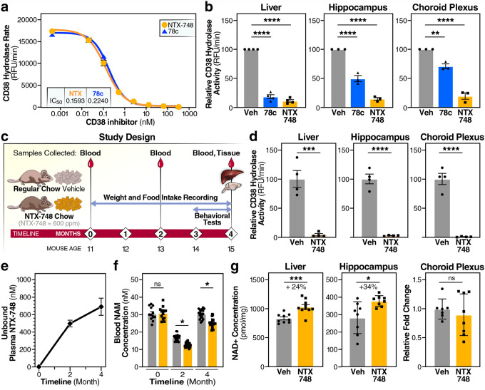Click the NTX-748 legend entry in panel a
tap(177, 25)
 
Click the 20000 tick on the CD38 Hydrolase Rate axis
tap(26, 20)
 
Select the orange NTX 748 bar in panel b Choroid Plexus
tap(465, 102)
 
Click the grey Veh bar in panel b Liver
tap(251, 78)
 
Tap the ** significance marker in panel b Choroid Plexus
tap(435, 34)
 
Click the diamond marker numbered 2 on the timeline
tap(160, 234)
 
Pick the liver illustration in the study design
tap(228, 178)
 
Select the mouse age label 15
tap(231, 249)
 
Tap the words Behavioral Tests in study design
tap(213, 219)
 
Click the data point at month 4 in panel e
tap(101, 307)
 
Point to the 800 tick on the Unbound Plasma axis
tap(26, 297)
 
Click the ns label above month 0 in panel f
tap(158, 284)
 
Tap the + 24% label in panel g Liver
tap(296, 287)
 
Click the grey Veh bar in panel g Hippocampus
tap(357, 343)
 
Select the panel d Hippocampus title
tap(380, 137)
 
